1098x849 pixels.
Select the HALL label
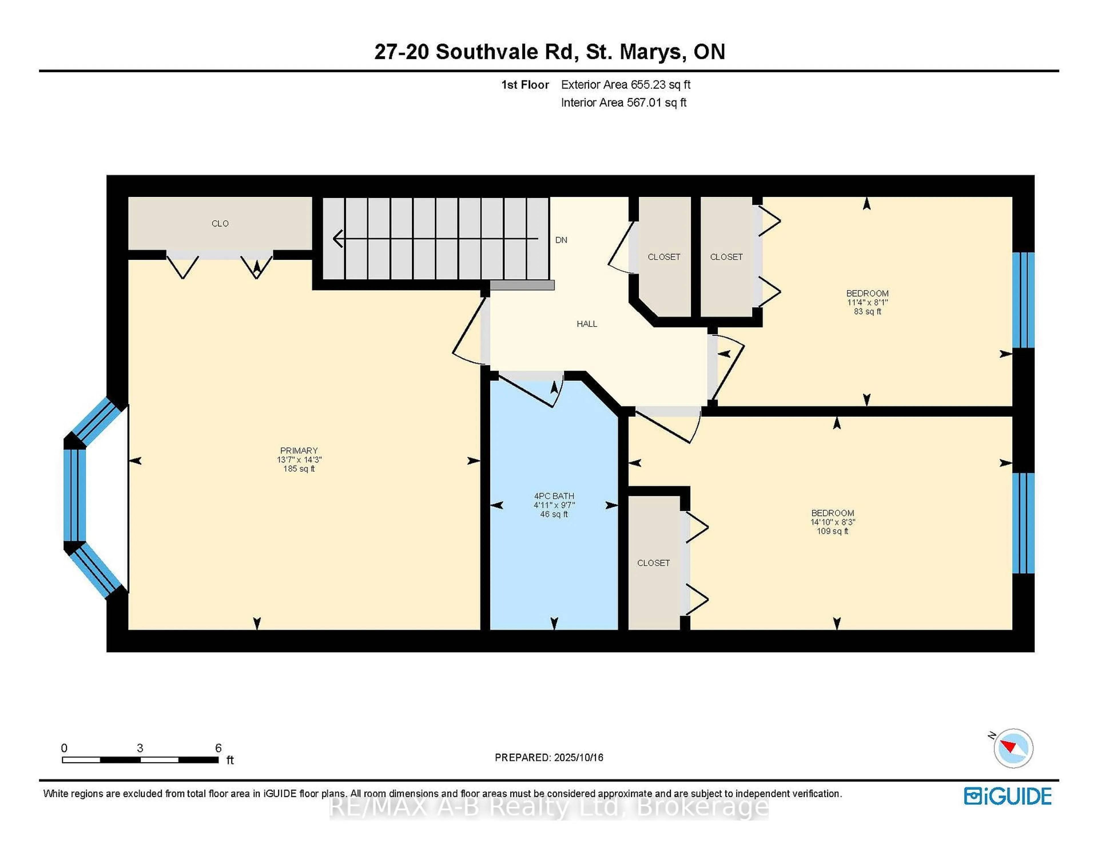coord(587,324)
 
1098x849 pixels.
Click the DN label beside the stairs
coord(561,240)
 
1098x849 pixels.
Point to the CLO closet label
coord(220,223)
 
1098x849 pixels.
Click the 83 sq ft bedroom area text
coord(867,311)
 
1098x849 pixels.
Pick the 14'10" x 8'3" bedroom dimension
coord(833,522)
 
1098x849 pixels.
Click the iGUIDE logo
coord(1008,796)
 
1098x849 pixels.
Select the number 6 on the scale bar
coord(218,748)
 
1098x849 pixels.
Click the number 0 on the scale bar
coord(64,748)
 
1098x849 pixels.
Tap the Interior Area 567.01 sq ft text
coord(623,103)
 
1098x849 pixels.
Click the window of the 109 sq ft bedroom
coord(1023,523)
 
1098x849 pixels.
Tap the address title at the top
coord(549,52)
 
